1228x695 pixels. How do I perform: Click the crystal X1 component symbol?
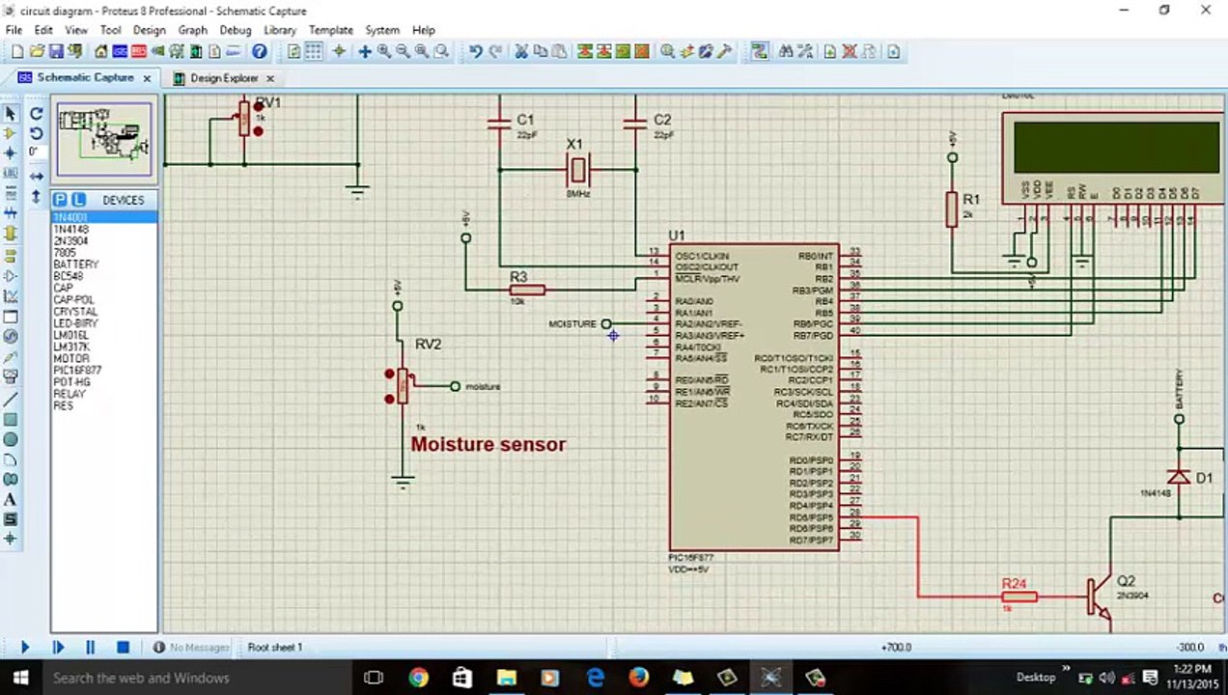click(577, 170)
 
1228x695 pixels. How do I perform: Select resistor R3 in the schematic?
click(527, 290)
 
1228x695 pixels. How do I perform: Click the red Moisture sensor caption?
click(488, 445)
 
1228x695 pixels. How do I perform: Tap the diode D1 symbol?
click(1179, 477)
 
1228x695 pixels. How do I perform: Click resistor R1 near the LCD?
click(952, 208)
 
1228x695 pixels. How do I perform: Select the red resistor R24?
click(1019, 597)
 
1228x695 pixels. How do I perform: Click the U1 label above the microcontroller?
click(677, 236)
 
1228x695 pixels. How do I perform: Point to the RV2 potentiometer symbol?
click(403, 386)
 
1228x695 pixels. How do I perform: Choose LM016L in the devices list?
click(70, 335)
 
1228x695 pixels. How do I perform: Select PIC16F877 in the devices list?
click(77, 371)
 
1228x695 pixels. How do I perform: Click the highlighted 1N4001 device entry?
click(70, 217)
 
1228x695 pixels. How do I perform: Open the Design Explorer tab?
click(223, 78)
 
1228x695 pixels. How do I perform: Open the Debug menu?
click(235, 30)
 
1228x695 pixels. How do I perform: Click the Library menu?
click(280, 30)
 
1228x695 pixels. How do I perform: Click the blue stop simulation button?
click(123, 647)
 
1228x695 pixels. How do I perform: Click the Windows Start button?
click(19, 678)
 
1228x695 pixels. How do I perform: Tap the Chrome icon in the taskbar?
click(418, 678)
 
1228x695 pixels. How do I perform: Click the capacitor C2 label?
click(662, 120)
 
